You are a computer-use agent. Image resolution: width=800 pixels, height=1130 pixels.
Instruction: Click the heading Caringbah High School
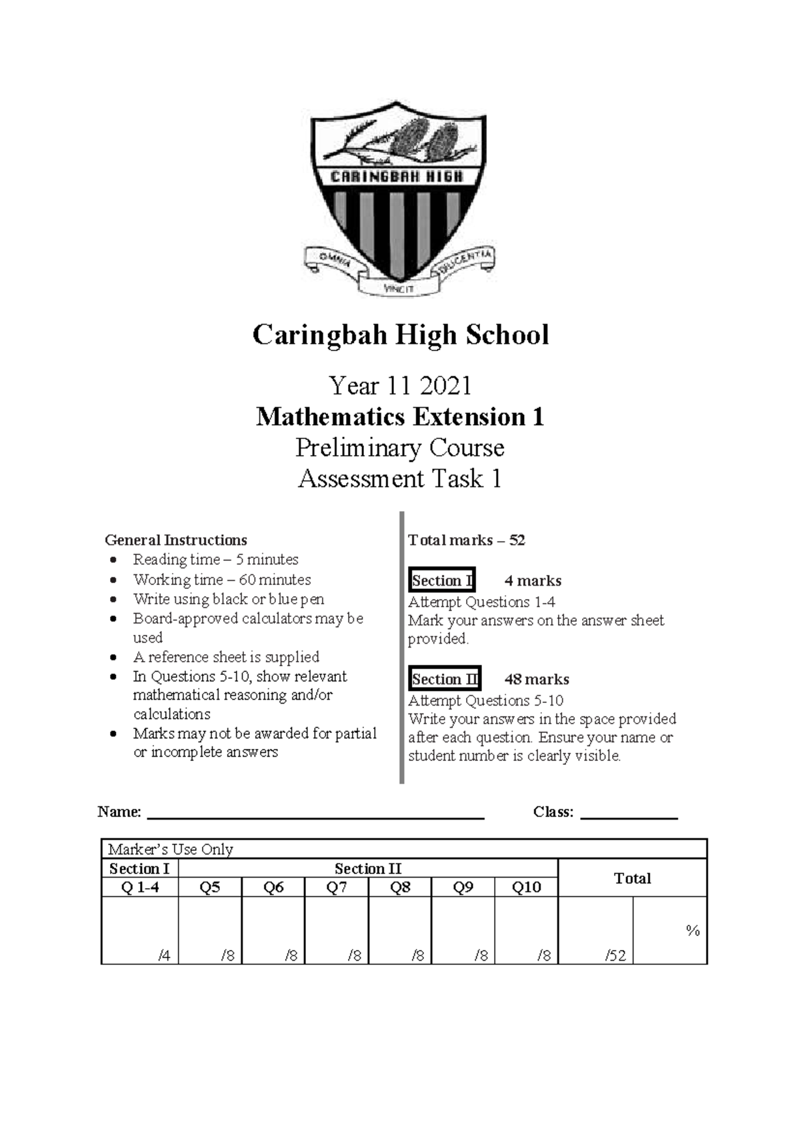click(x=400, y=334)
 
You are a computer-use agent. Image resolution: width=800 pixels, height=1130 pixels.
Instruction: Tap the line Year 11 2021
click(x=400, y=386)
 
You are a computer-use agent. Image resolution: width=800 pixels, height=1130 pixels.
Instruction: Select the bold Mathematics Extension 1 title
click(x=400, y=417)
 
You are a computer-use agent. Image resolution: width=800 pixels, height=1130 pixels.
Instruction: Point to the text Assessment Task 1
click(x=400, y=478)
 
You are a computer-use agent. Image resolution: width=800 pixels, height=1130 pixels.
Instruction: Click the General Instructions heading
click(x=176, y=540)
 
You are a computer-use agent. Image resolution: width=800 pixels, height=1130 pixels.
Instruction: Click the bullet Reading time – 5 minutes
click(x=215, y=560)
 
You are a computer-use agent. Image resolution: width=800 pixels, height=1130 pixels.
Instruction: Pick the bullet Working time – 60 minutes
click(x=221, y=580)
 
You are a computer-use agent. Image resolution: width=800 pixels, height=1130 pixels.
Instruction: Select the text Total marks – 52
click(x=466, y=540)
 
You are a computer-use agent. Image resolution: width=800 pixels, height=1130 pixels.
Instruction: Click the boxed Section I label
click(x=442, y=580)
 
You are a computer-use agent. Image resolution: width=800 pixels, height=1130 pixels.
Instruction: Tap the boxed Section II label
click(x=445, y=679)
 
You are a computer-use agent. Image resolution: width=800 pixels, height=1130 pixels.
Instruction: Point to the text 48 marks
click(x=537, y=679)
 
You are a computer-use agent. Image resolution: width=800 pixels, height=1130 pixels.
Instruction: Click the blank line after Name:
click(x=315, y=813)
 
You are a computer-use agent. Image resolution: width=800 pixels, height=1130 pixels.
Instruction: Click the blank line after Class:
click(x=629, y=813)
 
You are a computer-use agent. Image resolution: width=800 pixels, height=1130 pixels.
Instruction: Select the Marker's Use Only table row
click(x=403, y=849)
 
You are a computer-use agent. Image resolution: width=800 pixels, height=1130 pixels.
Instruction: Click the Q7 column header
click(x=336, y=887)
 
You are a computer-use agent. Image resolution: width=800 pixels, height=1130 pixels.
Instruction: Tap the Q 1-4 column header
click(x=139, y=887)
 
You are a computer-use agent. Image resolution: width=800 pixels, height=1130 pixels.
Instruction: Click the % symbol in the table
click(x=692, y=931)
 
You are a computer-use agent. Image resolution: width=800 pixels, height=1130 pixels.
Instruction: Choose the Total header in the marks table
click(x=631, y=878)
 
